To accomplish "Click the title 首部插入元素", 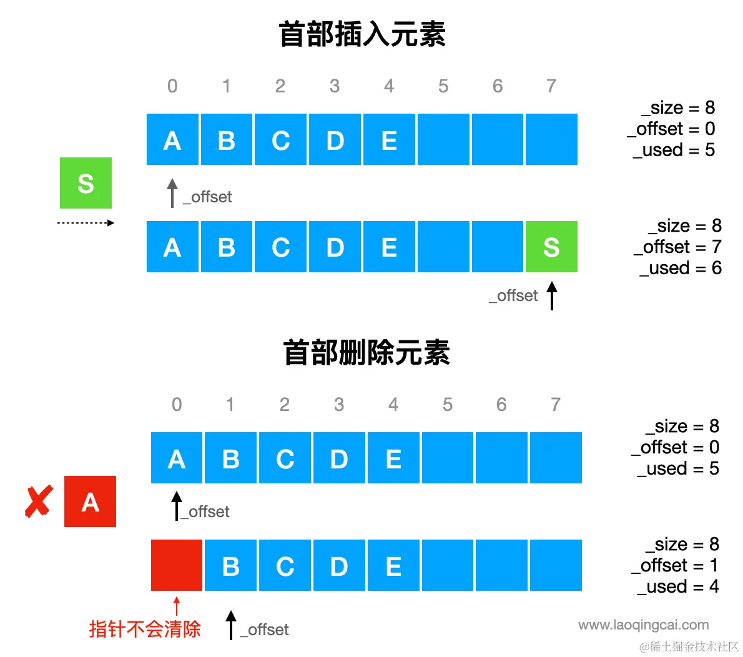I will (x=362, y=34).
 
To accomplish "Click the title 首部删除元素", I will (x=367, y=353).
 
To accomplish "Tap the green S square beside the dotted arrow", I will (x=86, y=183).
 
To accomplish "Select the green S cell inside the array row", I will (x=551, y=247).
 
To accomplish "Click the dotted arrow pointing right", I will (x=86, y=223).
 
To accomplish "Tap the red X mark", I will (x=38, y=502).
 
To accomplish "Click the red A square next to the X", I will (x=90, y=501).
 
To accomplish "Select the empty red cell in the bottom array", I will (x=177, y=565).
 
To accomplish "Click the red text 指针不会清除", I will (x=145, y=629).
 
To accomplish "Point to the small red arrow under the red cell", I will (x=177, y=606).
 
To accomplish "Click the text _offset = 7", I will (x=677, y=247).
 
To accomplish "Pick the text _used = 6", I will (x=681, y=268).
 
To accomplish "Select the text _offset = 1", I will (x=675, y=565).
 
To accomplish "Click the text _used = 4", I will (x=678, y=586).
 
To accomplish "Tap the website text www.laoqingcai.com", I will (x=644, y=625).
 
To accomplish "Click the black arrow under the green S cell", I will (x=552, y=296).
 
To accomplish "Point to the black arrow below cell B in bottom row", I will (x=231, y=625).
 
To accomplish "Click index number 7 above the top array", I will (x=551, y=86).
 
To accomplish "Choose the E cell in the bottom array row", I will (x=393, y=565).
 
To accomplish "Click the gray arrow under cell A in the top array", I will (x=172, y=193).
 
